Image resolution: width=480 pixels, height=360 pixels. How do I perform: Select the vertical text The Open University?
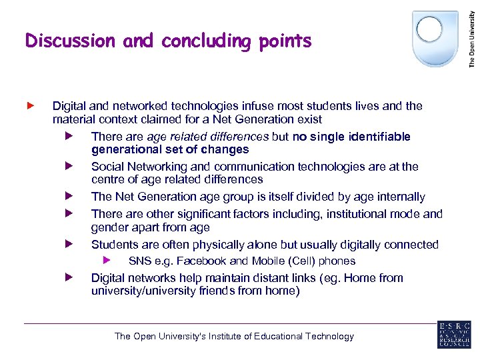pos(472,35)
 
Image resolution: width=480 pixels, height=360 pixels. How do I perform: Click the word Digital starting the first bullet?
pos(69,106)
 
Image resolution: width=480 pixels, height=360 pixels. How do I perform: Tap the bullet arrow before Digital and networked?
pos(29,105)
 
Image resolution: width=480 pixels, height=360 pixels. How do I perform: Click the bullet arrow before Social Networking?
pos(68,166)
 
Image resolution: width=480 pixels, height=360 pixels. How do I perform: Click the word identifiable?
pos(377,137)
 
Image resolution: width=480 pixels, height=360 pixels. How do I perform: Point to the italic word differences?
pos(241,137)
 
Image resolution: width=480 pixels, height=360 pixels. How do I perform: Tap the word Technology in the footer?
pos(329,336)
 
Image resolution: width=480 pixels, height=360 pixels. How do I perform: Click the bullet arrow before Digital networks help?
pos(68,277)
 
